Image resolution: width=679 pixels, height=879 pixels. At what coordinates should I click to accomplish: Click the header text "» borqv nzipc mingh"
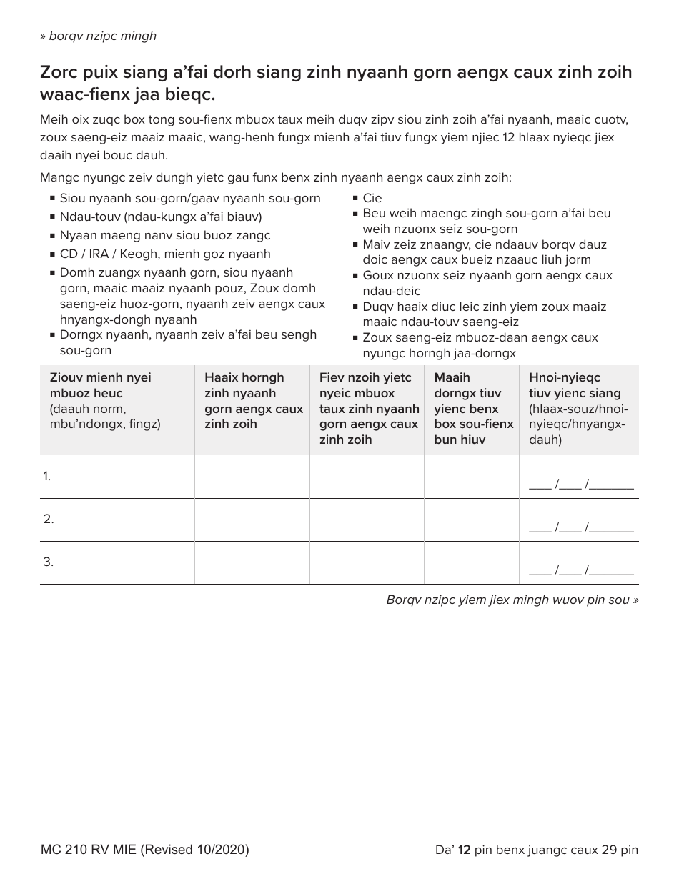click(x=98, y=36)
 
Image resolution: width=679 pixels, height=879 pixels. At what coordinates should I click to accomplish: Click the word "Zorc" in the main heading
click(x=59, y=73)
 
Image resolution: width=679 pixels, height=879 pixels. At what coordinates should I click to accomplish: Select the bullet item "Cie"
click(x=372, y=198)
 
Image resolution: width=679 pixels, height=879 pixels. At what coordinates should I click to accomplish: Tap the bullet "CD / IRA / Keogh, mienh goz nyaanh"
click(x=165, y=254)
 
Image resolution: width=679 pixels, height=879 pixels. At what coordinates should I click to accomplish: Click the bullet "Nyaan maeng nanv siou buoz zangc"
click(x=165, y=235)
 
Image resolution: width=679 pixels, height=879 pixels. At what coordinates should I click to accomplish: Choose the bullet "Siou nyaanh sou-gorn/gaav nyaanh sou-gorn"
click(x=190, y=198)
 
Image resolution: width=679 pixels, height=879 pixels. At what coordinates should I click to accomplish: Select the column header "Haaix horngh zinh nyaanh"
click(x=244, y=386)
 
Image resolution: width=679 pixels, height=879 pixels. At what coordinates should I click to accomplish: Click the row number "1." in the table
click(x=47, y=476)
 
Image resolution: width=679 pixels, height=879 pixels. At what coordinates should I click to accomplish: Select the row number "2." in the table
click(x=48, y=519)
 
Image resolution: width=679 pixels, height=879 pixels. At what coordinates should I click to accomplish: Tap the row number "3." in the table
click(x=48, y=562)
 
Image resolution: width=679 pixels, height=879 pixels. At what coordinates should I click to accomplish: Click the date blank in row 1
click(x=580, y=485)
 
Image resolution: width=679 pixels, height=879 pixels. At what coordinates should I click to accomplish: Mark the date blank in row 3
click(x=580, y=571)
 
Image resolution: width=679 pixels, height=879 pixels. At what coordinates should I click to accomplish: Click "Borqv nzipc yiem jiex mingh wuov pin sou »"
click(x=512, y=600)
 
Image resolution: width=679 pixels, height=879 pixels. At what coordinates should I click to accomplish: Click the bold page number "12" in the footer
click(x=464, y=850)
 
